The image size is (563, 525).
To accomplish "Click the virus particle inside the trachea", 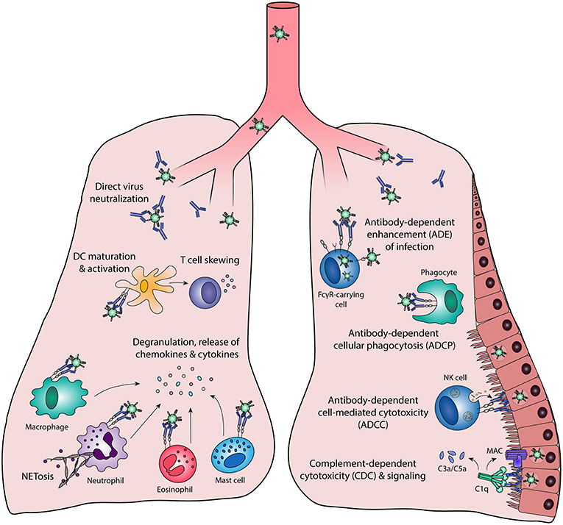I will tap(280, 33).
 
